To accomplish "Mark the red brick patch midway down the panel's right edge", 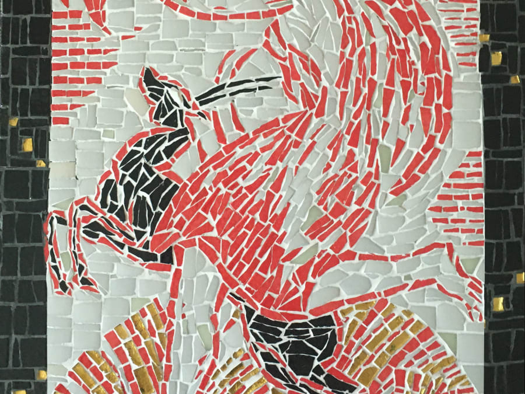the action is (461, 204).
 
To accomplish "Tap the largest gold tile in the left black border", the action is (27, 144).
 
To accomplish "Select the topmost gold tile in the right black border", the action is (484, 38).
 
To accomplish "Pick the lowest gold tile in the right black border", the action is (498, 304).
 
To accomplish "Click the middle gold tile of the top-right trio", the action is (496, 58).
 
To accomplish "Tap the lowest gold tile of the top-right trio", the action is (514, 79).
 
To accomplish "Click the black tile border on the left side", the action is (23, 233).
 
